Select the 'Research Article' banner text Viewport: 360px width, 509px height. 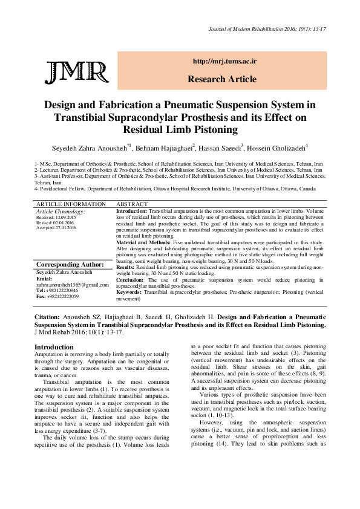point(222,79)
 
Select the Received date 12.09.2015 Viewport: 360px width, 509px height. point(56,217)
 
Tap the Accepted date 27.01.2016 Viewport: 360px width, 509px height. point(56,227)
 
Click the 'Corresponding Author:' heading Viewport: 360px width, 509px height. point(70,265)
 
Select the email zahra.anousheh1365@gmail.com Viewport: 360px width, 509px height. point(72,284)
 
